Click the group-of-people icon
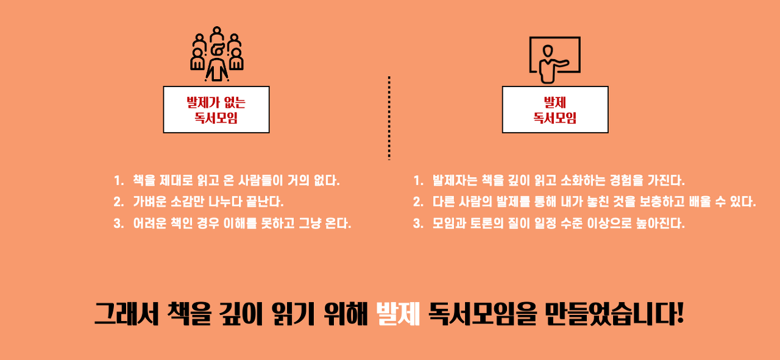coord(217,54)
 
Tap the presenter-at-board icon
coord(554,59)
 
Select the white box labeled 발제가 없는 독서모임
coord(216,110)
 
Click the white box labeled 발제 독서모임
coord(555,110)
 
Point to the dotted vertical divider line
coord(389,118)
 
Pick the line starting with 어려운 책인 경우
coord(242,223)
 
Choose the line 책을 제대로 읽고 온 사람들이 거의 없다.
coord(236,181)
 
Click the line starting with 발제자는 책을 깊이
coord(559,181)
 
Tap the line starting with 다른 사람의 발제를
coord(594,202)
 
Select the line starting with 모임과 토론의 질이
coord(559,223)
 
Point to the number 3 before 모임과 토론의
coord(417,223)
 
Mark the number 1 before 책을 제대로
coord(118,181)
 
